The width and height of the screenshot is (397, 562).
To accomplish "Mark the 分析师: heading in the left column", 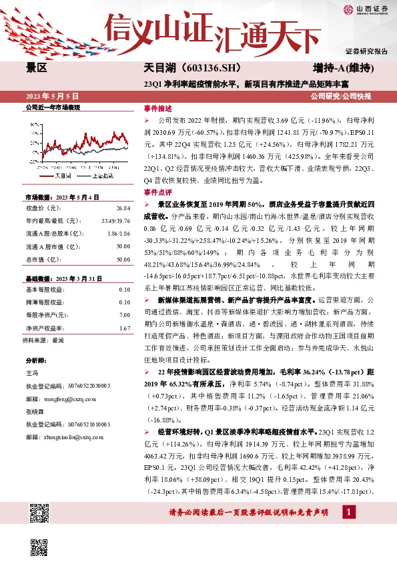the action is point(35,360).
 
